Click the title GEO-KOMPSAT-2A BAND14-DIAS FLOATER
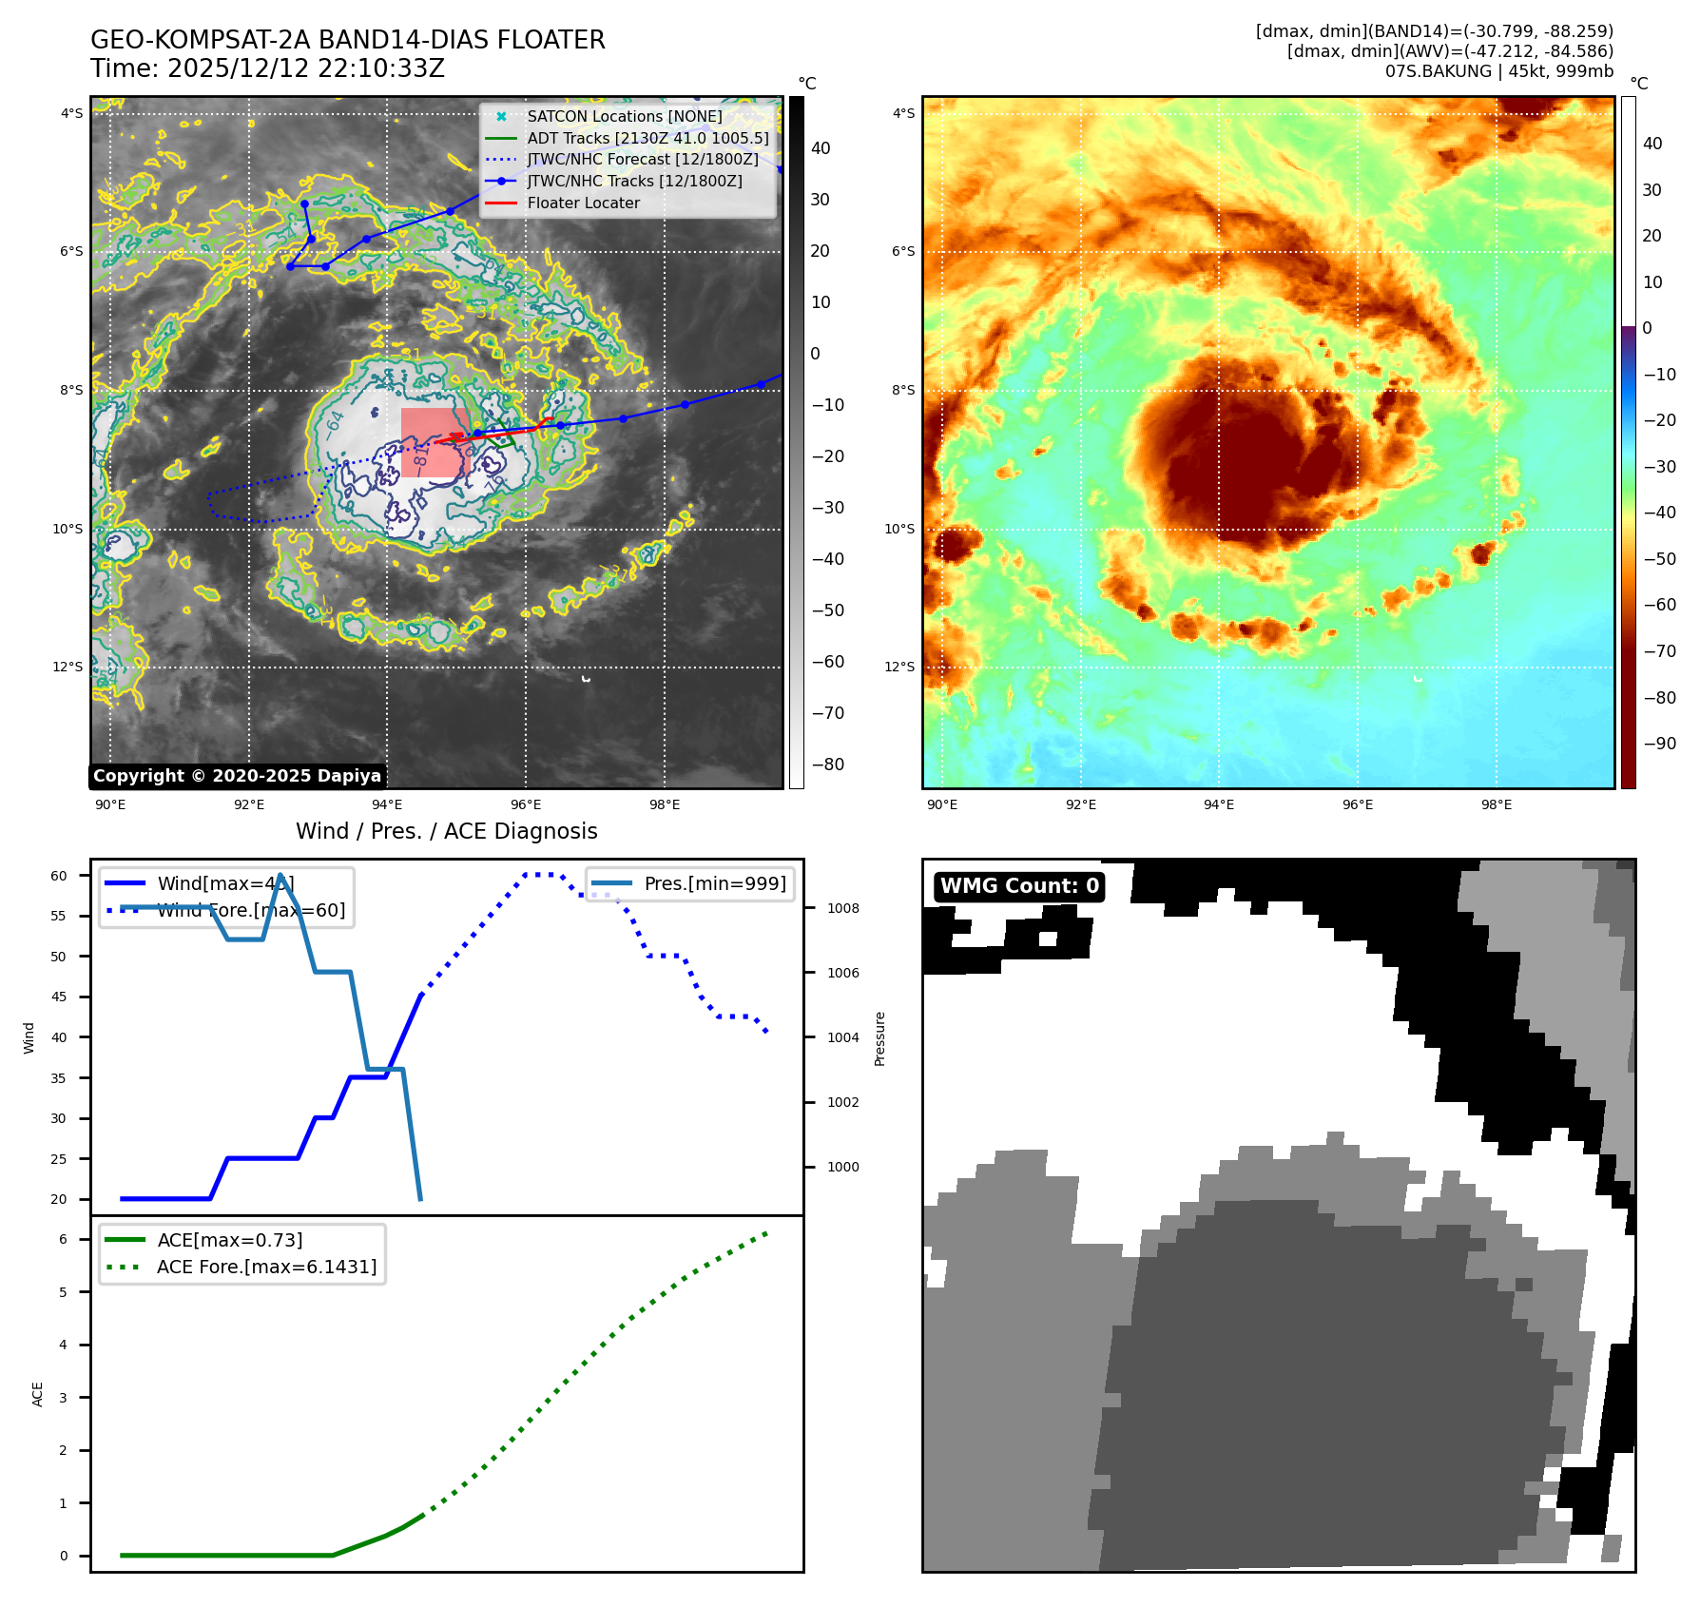[x=347, y=41]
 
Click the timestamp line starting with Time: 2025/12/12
[x=267, y=69]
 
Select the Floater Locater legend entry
[x=583, y=203]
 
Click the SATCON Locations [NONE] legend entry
[x=624, y=117]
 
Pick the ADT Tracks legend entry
[x=647, y=139]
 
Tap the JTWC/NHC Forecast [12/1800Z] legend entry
[x=643, y=160]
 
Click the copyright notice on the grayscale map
[x=237, y=776]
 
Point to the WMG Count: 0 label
[x=1019, y=886]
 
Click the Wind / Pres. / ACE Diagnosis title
[x=446, y=832]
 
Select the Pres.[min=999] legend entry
[x=714, y=884]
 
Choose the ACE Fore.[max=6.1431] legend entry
[x=266, y=1268]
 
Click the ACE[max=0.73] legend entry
[x=230, y=1241]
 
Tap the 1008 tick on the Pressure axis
[x=842, y=909]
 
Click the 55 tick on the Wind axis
[x=59, y=917]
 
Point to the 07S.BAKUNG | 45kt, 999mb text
[x=1498, y=72]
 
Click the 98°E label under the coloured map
[x=1496, y=805]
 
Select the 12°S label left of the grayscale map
[x=68, y=668]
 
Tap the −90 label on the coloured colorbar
[x=1659, y=745]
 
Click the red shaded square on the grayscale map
[x=434, y=442]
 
